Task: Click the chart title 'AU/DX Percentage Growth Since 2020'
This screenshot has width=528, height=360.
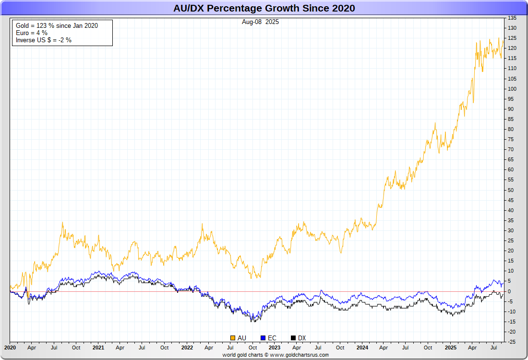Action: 264,8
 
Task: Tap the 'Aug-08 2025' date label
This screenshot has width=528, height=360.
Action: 260,22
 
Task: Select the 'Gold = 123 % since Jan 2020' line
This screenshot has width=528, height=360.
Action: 57,25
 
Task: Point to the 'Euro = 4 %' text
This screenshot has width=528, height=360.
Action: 32,33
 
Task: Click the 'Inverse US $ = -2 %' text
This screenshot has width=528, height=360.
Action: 44,40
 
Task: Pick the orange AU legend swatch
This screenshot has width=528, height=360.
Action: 233,338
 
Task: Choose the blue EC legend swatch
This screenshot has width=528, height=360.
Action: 263,338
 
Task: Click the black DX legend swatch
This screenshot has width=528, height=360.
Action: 293,338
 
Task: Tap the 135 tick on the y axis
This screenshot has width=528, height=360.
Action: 512,18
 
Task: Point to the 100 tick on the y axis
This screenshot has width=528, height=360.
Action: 512,89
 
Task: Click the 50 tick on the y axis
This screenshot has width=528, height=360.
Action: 510,190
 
